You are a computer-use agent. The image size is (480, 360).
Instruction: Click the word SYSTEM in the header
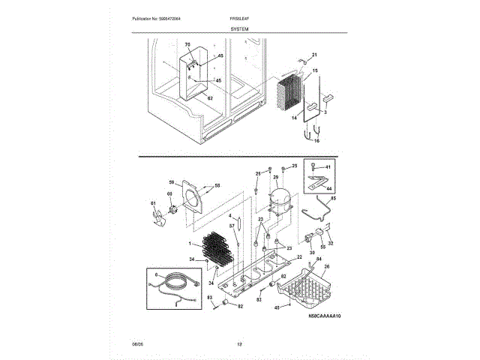(x=240, y=27)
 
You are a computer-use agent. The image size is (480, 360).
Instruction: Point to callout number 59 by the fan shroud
(x=171, y=182)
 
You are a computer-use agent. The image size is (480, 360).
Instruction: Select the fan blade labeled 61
(x=160, y=218)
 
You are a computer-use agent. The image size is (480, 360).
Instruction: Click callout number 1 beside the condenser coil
(x=190, y=244)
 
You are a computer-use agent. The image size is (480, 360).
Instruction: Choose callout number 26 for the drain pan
(x=326, y=265)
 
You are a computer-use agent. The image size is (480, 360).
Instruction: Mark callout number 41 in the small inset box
(x=328, y=166)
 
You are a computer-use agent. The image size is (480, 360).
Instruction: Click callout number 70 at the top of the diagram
(x=187, y=46)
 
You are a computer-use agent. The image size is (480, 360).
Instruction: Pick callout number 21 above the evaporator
(x=314, y=55)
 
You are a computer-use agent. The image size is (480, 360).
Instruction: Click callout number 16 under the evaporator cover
(x=316, y=141)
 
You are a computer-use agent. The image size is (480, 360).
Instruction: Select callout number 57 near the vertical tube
(x=232, y=226)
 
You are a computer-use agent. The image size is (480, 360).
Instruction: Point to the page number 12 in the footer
(x=240, y=344)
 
